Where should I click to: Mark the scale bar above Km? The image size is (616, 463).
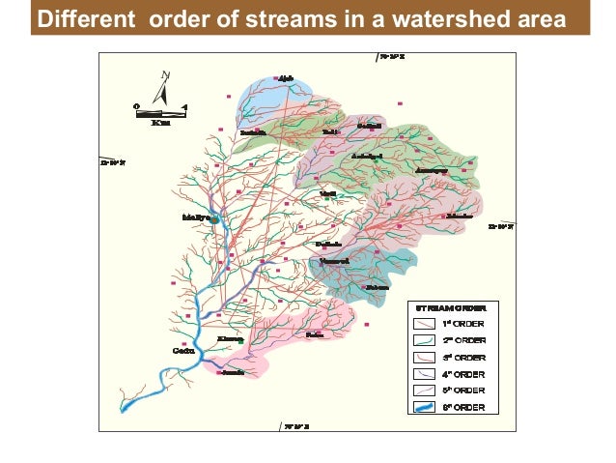coord(160,109)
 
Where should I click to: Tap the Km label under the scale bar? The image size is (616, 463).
coord(160,122)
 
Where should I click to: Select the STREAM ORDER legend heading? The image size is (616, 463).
coord(451,306)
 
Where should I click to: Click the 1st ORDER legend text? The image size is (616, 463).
coord(463,324)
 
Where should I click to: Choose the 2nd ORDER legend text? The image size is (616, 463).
coord(463,340)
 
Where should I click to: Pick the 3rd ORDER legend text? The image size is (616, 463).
coord(463,357)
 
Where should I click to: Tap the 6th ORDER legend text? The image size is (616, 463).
coord(463,407)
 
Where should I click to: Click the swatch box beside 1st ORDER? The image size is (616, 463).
coord(426,324)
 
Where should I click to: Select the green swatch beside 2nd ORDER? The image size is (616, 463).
coord(426,340)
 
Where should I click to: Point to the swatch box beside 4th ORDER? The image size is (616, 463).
coord(426,374)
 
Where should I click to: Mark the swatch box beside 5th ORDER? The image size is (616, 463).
coord(426,391)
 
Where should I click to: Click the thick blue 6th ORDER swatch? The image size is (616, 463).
coord(426,407)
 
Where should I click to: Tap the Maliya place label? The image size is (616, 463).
coord(196,217)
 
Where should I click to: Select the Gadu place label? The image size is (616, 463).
coord(183,351)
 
